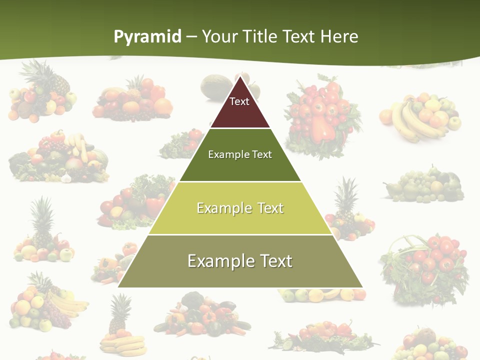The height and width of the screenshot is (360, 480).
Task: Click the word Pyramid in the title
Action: coord(147,37)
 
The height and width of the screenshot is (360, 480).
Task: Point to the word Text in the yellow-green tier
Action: coord(270,208)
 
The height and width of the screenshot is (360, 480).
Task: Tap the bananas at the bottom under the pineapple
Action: coord(123,345)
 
